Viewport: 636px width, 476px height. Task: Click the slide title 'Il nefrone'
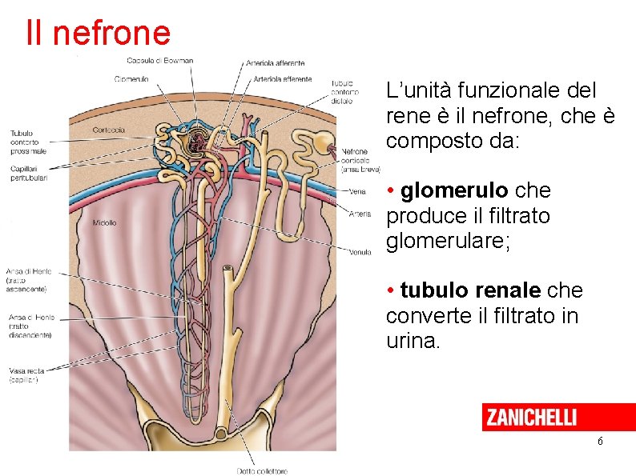(98, 33)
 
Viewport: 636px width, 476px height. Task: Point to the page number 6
(599, 442)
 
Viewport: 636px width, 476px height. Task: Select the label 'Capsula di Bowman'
(159, 61)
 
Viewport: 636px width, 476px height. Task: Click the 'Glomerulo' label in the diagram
(131, 78)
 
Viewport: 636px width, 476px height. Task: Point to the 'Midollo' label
(104, 222)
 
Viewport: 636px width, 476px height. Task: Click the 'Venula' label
(360, 252)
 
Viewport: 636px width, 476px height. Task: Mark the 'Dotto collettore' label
(262, 471)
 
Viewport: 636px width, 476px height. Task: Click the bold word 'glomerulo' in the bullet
(453, 191)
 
